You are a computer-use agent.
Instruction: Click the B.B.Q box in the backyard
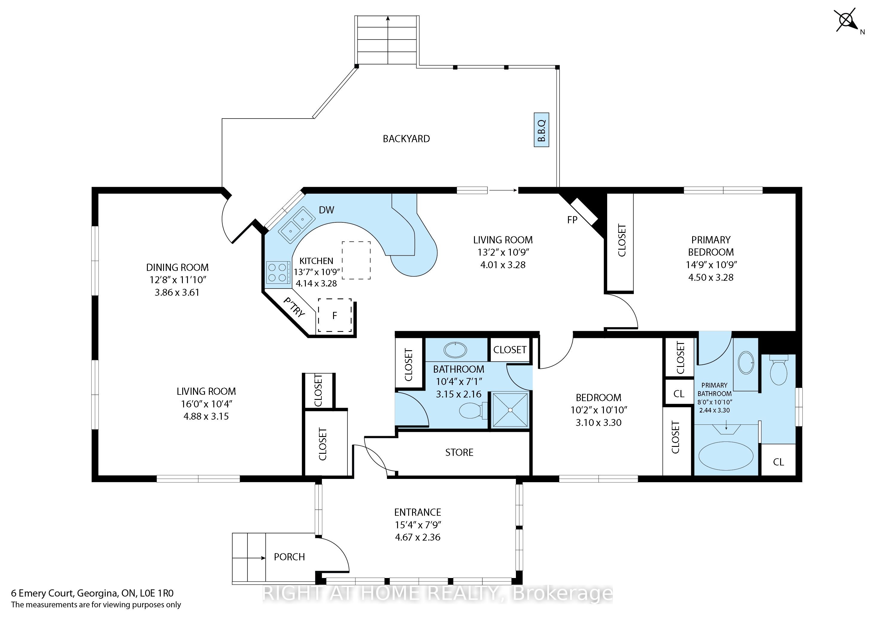pos(541,130)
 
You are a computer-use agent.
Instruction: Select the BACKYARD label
pos(406,139)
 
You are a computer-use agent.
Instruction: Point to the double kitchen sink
pos(297,224)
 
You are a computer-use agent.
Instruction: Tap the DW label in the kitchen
pos(326,210)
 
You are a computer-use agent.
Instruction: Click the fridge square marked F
pos(335,315)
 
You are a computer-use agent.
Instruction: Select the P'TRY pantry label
pos(294,307)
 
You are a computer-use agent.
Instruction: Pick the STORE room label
pos(459,453)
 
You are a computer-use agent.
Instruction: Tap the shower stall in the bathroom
pos(510,410)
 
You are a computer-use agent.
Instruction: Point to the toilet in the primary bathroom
pos(779,370)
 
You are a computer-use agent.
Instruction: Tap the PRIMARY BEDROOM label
pos(711,246)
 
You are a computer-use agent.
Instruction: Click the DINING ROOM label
pos(177,268)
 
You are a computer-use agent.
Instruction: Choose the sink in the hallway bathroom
pos(455,350)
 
